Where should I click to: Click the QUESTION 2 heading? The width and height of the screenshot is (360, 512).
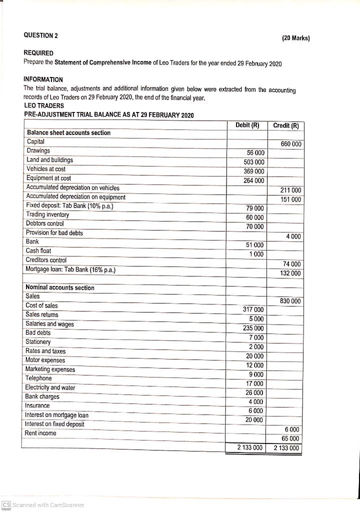tap(40, 35)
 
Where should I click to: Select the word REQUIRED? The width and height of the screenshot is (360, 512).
tap(38, 53)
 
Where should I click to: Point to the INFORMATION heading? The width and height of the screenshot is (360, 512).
tap(43, 79)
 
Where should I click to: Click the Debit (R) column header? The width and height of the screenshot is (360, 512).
tap(247, 125)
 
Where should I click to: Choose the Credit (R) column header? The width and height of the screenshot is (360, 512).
tap(285, 126)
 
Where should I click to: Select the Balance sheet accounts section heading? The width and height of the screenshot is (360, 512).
tap(68, 133)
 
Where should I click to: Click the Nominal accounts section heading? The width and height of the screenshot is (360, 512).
tap(59, 288)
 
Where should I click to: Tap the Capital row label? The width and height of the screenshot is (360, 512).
tap(35, 142)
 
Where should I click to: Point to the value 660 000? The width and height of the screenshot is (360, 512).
tap(290, 144)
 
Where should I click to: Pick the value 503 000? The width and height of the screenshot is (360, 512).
tap(253, 162)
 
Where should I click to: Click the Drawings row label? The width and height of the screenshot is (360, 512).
tap(38, 151)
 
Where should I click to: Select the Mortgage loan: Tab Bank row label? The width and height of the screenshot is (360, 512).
tap(70, 270)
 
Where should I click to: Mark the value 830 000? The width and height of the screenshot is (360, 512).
tap(290, 301)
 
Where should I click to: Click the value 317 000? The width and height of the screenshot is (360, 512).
tap(253, 310)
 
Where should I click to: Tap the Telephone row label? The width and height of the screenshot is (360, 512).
tap(38, 378)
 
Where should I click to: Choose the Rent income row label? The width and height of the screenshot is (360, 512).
tap(40, 433)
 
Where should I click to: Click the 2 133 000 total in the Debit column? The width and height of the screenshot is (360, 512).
tap(249, 448)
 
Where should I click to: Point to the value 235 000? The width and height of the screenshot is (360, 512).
tap(253, 328)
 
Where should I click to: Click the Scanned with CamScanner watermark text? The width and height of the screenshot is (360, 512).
tap(47, 505)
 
